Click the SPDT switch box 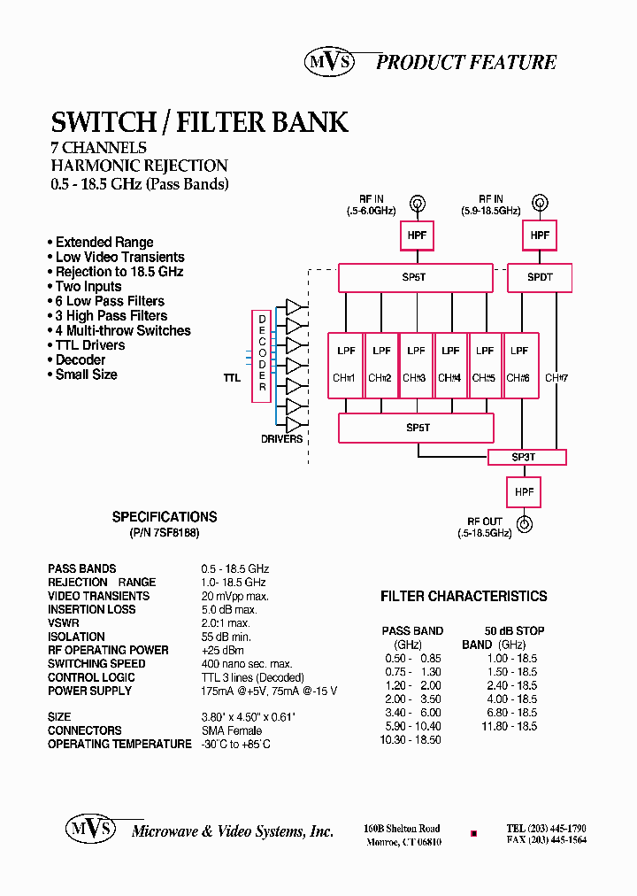coord(540,277)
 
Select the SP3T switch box coord(526,457)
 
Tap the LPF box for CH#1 coord(345,364)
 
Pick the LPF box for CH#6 coord(519,364)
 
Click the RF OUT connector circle coord(525,524)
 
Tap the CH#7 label coord(556,378)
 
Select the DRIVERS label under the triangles coord(281,439)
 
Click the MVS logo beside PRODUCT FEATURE coord(331,61)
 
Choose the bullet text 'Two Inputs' coord(88,286)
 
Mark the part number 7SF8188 coord(176,535)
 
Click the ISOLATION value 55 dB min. coord(226,637)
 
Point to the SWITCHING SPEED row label coord(96,664)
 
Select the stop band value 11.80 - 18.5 coord(510,726)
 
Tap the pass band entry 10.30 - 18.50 coord(411,739)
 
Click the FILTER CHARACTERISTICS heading coord(464,597)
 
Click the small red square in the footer coord(473,834)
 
